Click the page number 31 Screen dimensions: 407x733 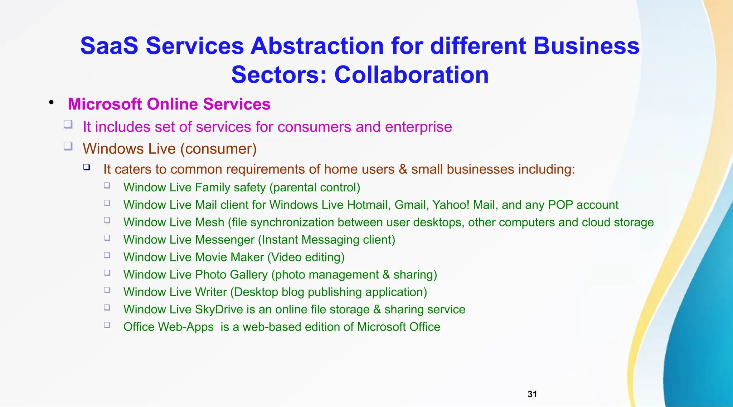coord(532,394)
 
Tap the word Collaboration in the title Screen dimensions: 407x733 coord(411,75)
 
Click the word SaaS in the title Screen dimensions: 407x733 coord(109,46)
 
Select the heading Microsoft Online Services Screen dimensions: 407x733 coord(169,104)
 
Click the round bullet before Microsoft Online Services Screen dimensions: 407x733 coord(52,103)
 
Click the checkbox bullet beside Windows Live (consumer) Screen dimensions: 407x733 coord(68,146)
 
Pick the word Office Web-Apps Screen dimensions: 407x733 coord(168,327)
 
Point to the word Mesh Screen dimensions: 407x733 coord(210,222)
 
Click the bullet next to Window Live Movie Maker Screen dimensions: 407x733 coord(107,255)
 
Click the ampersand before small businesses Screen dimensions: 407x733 coord(403,169)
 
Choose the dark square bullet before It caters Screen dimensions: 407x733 coord(87,167)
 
